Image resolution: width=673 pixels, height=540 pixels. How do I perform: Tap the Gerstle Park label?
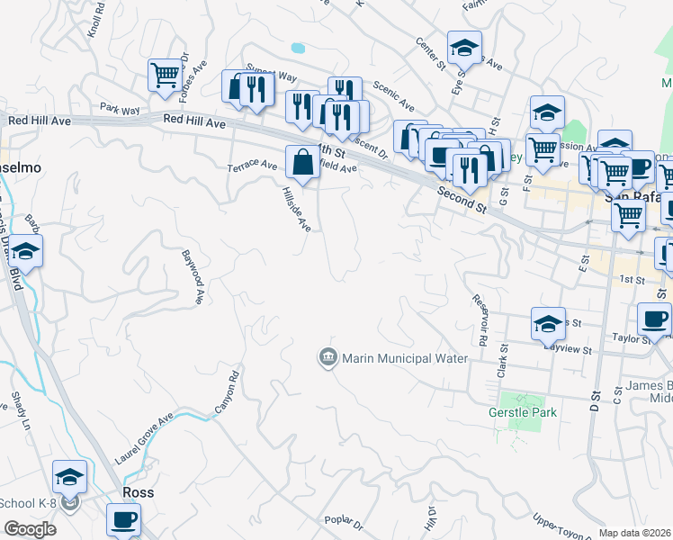point(523,412)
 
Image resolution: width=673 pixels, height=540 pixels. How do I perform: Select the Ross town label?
point(138,493)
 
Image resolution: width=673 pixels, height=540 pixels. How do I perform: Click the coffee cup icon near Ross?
point(123,519)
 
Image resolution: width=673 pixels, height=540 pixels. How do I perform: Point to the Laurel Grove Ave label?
point(143,439)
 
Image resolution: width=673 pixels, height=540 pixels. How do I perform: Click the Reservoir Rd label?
point(479,320)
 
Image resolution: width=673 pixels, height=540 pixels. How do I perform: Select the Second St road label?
point(463,200)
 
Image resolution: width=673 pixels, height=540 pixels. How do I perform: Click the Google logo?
point(29,529)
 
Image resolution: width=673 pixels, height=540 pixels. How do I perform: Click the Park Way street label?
point(120,110)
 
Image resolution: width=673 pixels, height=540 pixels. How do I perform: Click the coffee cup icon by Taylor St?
point(654,319)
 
